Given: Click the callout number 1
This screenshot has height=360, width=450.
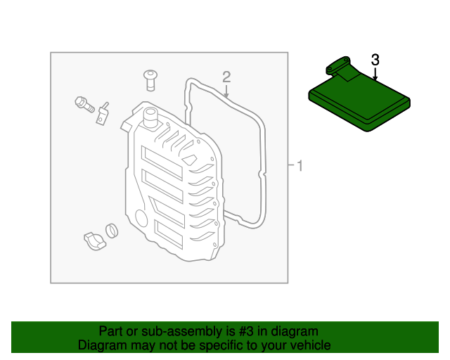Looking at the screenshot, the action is click(x=300, y=167).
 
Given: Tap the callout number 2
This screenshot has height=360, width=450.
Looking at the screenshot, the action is click(x=226, y=76).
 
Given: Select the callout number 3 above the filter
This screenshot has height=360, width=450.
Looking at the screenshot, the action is click(x=375, y=60).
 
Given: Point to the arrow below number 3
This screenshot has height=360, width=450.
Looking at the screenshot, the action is click(x=375, y=73).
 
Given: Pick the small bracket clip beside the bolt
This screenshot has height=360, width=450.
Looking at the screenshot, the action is click(x=103, y=113).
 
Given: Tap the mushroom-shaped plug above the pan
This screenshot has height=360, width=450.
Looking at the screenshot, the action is click(x=149, y=79).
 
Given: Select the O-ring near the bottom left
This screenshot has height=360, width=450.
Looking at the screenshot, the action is click(x=112, y=230).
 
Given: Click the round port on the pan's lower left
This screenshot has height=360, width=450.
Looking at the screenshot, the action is click(x=139, y=218).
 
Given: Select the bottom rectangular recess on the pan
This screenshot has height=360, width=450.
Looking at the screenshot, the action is click(x=169, y=233).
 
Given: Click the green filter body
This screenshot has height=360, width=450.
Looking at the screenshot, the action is click(x=359, y=103).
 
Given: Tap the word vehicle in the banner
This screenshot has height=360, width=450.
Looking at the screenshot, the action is click(x=310, y=345).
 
